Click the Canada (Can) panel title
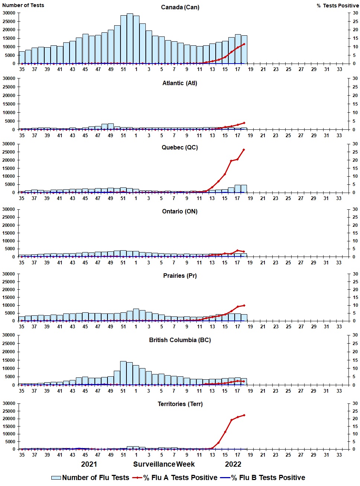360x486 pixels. click(x=180, y=7)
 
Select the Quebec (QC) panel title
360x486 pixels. click(x=180, y=148)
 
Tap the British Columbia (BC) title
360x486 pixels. click(x=180, y=340)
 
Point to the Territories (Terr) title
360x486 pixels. click(x=180, y=404)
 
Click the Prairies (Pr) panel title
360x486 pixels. click(x=180, y=276)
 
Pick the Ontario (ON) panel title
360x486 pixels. click(x=180, y=212)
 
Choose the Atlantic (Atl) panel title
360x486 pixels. click(x=180, y=83)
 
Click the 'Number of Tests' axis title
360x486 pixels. click(x=23, y=5)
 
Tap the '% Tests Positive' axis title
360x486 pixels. click(x=338, y=6)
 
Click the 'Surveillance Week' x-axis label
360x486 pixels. click(x=164, y=464)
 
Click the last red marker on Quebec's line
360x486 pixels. click(x=244, y=149)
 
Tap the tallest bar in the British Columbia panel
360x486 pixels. click(x=123, y=373)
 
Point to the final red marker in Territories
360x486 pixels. click(x=244, y=415)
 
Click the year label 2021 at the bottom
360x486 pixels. click(x=89, y=464)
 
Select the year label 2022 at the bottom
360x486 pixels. click(x=233, y=464)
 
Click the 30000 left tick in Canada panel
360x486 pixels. click(x=9, y=13)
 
